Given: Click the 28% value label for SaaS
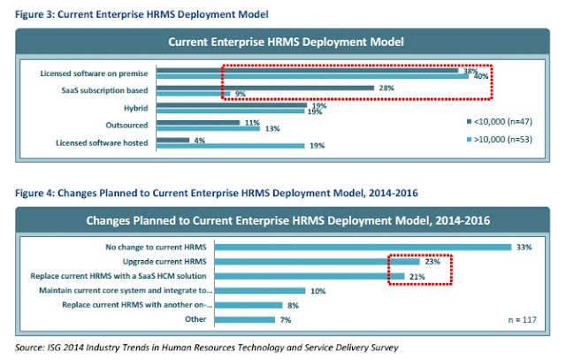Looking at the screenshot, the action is point(386,88).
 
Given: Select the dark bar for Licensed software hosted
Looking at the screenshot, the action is point(173,140).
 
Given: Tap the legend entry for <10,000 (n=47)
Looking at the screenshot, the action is point(499,122).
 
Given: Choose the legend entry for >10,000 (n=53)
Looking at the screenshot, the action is point(499,140).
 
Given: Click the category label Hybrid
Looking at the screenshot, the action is point(135,108).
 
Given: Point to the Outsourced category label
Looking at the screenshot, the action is point(126,125).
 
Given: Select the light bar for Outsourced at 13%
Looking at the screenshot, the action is point(209,128).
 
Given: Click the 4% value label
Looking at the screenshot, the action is point(199,141).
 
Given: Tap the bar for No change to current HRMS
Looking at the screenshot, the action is point(363,247).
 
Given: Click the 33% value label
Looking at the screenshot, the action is point(524,247).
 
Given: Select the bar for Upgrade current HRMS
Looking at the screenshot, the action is point(317,262).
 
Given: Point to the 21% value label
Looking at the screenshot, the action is point(417,277).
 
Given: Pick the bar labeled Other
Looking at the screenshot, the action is point(245,319).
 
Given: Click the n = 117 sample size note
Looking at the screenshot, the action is point(523,319).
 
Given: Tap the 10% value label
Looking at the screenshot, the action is point(318,291).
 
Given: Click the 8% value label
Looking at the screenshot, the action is point(293,305).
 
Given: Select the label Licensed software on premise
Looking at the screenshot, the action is point(94,73).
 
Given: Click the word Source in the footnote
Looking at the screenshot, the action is point(29,348).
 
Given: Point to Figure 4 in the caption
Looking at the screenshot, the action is point(34,193).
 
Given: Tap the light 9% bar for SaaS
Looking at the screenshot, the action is point(193,94).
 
